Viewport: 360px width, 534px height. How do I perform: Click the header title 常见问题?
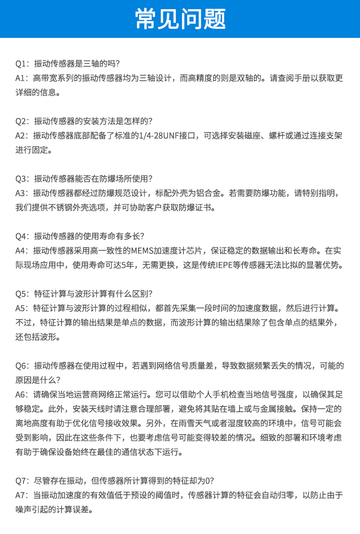click(x=180, y=19)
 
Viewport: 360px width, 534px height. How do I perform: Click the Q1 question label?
click(x=21, y=63)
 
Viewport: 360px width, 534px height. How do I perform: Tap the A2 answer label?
click(x=21, y=136)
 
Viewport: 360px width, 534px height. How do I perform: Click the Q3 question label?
click(x=21, y=179)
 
